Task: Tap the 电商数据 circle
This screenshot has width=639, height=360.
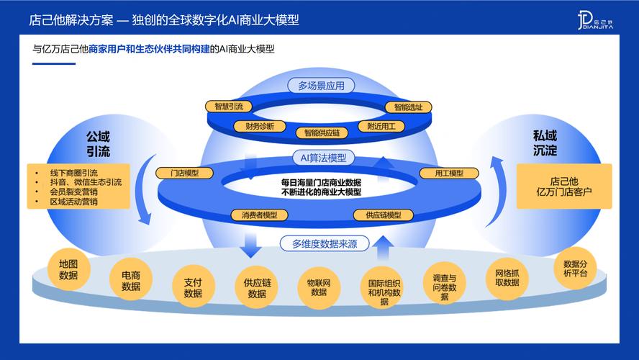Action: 131,280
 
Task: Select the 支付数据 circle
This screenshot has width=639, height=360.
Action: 193,287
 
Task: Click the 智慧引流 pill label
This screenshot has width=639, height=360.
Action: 229,107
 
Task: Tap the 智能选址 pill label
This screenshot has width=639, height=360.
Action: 407,107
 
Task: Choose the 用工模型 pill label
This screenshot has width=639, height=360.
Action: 450,173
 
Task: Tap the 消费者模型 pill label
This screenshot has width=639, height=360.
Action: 259,215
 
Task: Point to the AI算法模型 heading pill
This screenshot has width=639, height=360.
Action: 319,158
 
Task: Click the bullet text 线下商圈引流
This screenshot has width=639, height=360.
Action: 73,173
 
